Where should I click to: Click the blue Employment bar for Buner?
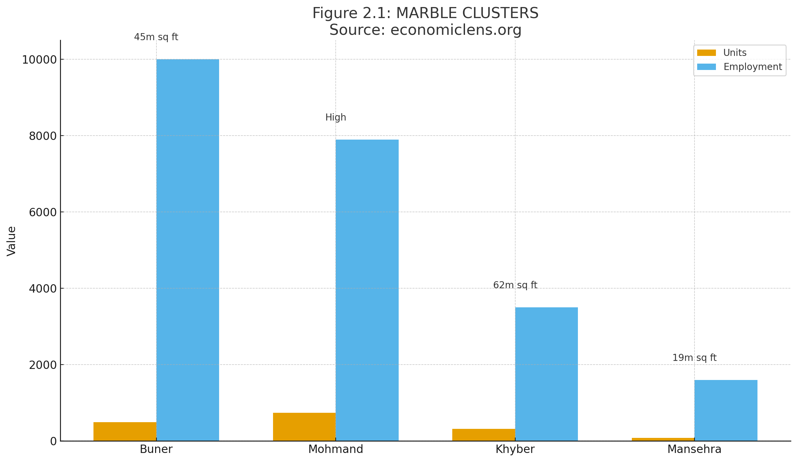[188, 250]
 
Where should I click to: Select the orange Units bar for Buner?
[125, 431]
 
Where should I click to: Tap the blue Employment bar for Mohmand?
[367, 290]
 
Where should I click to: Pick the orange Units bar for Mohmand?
[304, 427]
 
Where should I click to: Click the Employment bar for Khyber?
[546, 374]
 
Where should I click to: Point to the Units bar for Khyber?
[483, 435]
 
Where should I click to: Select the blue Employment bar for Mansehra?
[726, 410]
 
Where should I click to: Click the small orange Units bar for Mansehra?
[663, 439]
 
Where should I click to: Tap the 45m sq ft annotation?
[156, 37]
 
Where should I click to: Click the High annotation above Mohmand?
[336, 118]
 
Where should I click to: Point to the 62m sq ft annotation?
[515, 285]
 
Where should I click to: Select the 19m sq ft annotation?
[694, 358]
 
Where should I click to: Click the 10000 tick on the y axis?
[40, 60]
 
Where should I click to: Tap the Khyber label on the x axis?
[515, 449]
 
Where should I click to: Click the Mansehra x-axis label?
[694, 449]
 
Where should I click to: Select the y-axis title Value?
[11, 241]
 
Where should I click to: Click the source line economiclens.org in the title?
[425, 30]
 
